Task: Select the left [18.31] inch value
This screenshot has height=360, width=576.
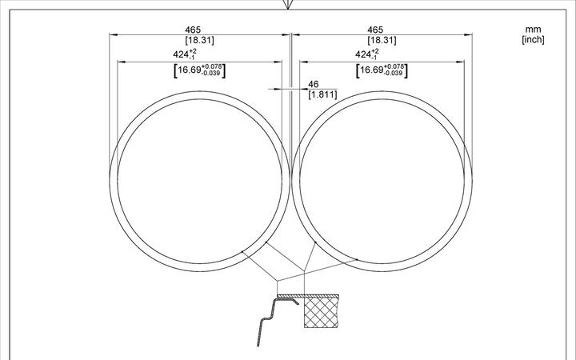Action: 198,40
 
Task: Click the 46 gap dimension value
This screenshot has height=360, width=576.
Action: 313,84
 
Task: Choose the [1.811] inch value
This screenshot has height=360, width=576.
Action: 322,94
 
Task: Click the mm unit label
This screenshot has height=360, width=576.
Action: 532,30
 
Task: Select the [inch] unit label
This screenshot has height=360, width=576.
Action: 532,40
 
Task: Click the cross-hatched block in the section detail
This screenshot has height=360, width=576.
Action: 321,313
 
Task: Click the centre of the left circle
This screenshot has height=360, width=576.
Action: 198,180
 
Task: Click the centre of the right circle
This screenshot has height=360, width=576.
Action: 382,180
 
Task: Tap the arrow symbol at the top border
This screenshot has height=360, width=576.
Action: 288,5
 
